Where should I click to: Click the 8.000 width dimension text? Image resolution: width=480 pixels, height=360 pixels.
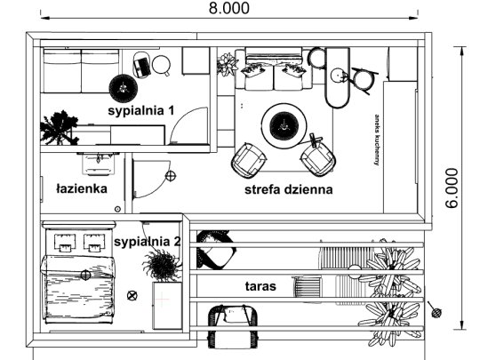point(229,8)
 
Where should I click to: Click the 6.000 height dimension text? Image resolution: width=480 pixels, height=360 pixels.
point(452,188)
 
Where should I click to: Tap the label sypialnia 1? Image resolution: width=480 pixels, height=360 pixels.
point(141,110)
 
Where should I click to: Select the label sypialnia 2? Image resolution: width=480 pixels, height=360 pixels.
point(148,242)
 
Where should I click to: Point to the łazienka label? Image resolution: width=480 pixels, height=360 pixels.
point(82,188)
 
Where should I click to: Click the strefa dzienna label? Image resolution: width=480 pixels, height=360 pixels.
point(288,189)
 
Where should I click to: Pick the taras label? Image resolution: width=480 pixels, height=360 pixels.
point(260,286)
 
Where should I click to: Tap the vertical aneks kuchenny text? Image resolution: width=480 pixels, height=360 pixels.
point(377,140)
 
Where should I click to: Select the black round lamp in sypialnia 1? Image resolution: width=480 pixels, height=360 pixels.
point(124,88)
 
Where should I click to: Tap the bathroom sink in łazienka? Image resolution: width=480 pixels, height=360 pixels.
point(98,164)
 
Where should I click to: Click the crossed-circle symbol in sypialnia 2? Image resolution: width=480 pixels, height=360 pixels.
point(132,295)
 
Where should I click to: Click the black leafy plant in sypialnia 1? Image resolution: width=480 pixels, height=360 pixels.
point(59,128)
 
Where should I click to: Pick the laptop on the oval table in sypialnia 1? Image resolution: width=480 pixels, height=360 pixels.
point(141,68)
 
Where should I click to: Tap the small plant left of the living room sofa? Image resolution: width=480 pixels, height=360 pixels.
point(227,64)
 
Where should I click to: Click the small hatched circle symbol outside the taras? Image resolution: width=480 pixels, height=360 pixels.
point(436,313)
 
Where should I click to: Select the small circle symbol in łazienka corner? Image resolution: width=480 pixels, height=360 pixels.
point(117,209)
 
